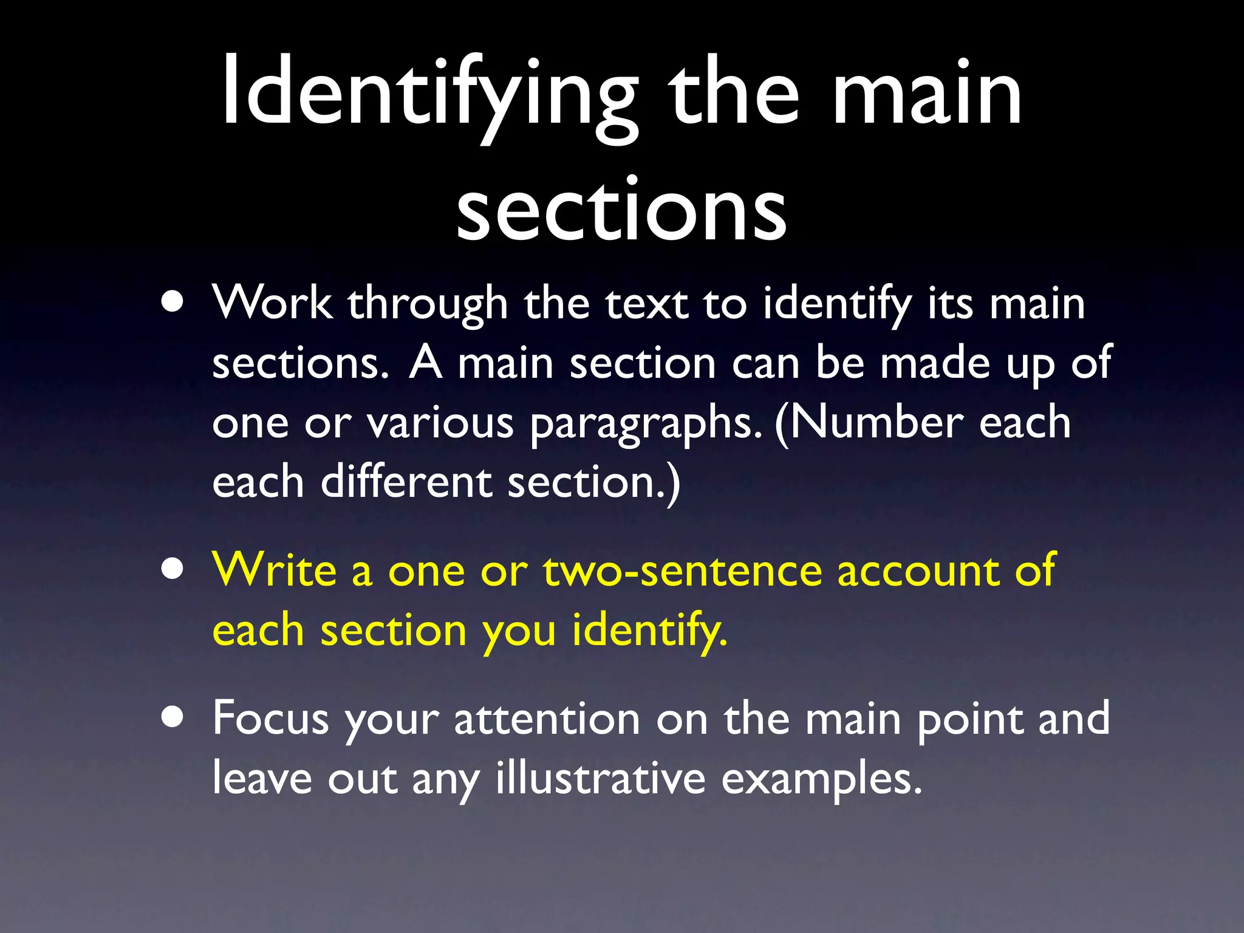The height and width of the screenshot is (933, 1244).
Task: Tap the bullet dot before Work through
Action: (173, 302)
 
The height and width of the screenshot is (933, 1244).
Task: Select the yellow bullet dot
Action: (173, 570)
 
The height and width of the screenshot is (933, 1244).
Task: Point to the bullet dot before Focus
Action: (173, 717)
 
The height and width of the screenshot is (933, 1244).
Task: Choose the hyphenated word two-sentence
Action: (682, 571)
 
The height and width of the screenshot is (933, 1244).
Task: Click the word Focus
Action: (270, 719)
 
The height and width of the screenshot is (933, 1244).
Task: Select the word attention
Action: (547, 719)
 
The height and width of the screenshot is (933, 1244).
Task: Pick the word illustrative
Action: (600, 778)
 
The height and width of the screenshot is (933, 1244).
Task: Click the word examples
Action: (821, 779)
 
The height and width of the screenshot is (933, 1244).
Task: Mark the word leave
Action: (262, 778)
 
